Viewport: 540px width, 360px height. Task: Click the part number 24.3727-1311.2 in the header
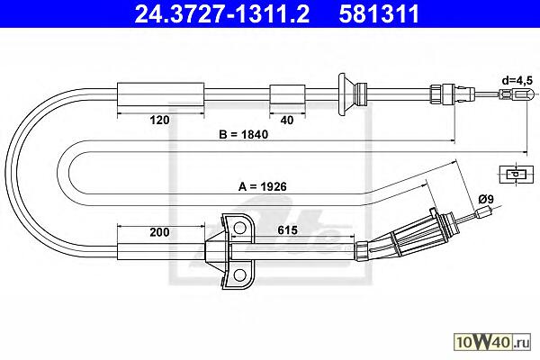pyautogui.click(x=222, y=14)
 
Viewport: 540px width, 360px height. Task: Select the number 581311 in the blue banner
pyautogui.click(x=379, y=14)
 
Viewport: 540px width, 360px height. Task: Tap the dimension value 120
pyautogui.click(x=159, y=120)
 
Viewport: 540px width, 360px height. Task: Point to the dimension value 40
pyautogui.click(x=287, y=120)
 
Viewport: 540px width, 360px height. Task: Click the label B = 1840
pyautogui.click(x=244, y=134)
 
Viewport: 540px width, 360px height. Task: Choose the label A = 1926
pyautogui.click(x=263, y=186)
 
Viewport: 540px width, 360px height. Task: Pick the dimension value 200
pyautogui.click(x=159, y=232)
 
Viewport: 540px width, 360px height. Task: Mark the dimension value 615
pyautogui.click(x=287, y=230)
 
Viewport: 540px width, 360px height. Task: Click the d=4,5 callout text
pyautogui.click(x=517, y=81)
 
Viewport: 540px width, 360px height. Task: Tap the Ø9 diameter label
pyautogui.click(x=486, y=199)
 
